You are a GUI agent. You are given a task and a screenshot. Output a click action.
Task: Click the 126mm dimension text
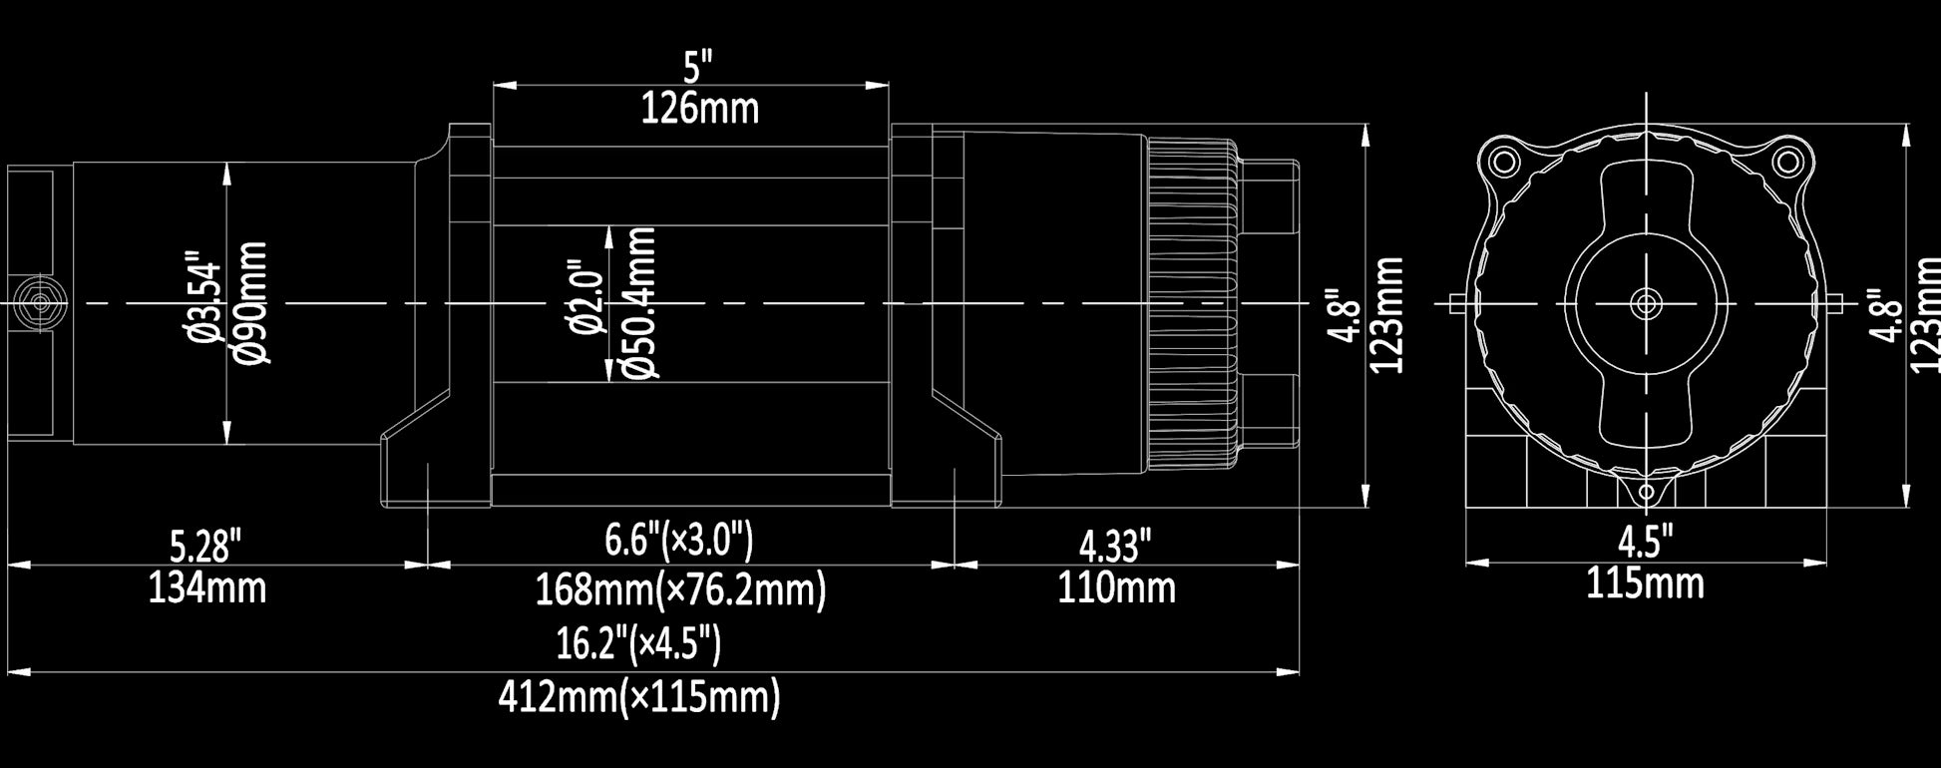pos(699,108)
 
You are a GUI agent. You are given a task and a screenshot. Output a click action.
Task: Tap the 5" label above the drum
pos(698,68)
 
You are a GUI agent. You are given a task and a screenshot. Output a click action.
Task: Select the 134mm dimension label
pos(207,588)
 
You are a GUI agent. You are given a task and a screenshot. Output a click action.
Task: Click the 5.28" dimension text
pos(205,547)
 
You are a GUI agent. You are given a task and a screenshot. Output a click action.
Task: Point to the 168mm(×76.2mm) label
pos(681,590)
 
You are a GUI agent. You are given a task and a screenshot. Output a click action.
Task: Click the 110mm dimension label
pos(1116,587)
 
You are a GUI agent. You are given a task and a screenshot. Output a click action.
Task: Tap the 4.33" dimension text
pos(1115,546)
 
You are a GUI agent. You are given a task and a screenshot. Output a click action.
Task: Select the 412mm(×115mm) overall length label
pos(639,697)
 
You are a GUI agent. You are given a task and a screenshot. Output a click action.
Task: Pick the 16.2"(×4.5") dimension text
pos(638,644)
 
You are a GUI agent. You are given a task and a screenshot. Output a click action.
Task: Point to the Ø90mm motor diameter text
pos(252,302)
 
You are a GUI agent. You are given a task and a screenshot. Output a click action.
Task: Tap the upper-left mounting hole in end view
pos(1501,161)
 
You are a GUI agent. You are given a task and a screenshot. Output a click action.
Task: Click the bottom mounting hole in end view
pos(1646,492)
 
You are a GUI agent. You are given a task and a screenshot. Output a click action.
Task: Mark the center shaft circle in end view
pos(1645,302)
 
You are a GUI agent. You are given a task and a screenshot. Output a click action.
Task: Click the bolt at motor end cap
pos(41,302)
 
